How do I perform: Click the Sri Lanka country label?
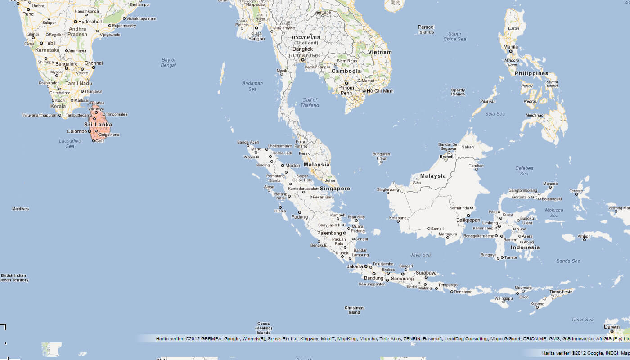(x=98, y=125)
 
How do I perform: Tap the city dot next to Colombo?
(x=90, y=131)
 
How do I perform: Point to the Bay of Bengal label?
(x=168, y=63)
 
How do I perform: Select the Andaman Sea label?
(x=252, y=86)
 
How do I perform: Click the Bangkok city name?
(x=302, y=49)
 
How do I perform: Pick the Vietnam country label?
(x=380, y=52)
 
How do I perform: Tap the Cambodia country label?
(x=346, y=71)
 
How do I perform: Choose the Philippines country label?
(x=531, y=73)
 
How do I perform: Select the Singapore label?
(x=335, y=189)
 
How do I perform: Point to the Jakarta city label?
(x=355, y=266)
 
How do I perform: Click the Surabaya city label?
(x=426, y=273)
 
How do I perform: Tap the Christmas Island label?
(x=354, y=310)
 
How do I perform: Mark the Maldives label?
(x=20, y=209)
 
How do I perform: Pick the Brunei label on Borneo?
(x=445, y=157)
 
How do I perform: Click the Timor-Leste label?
(x=561, y=292)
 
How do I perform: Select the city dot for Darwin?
(x=612, y=331)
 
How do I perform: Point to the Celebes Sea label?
(x=524, y=171)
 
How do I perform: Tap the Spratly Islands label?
(x=458, y=92)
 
